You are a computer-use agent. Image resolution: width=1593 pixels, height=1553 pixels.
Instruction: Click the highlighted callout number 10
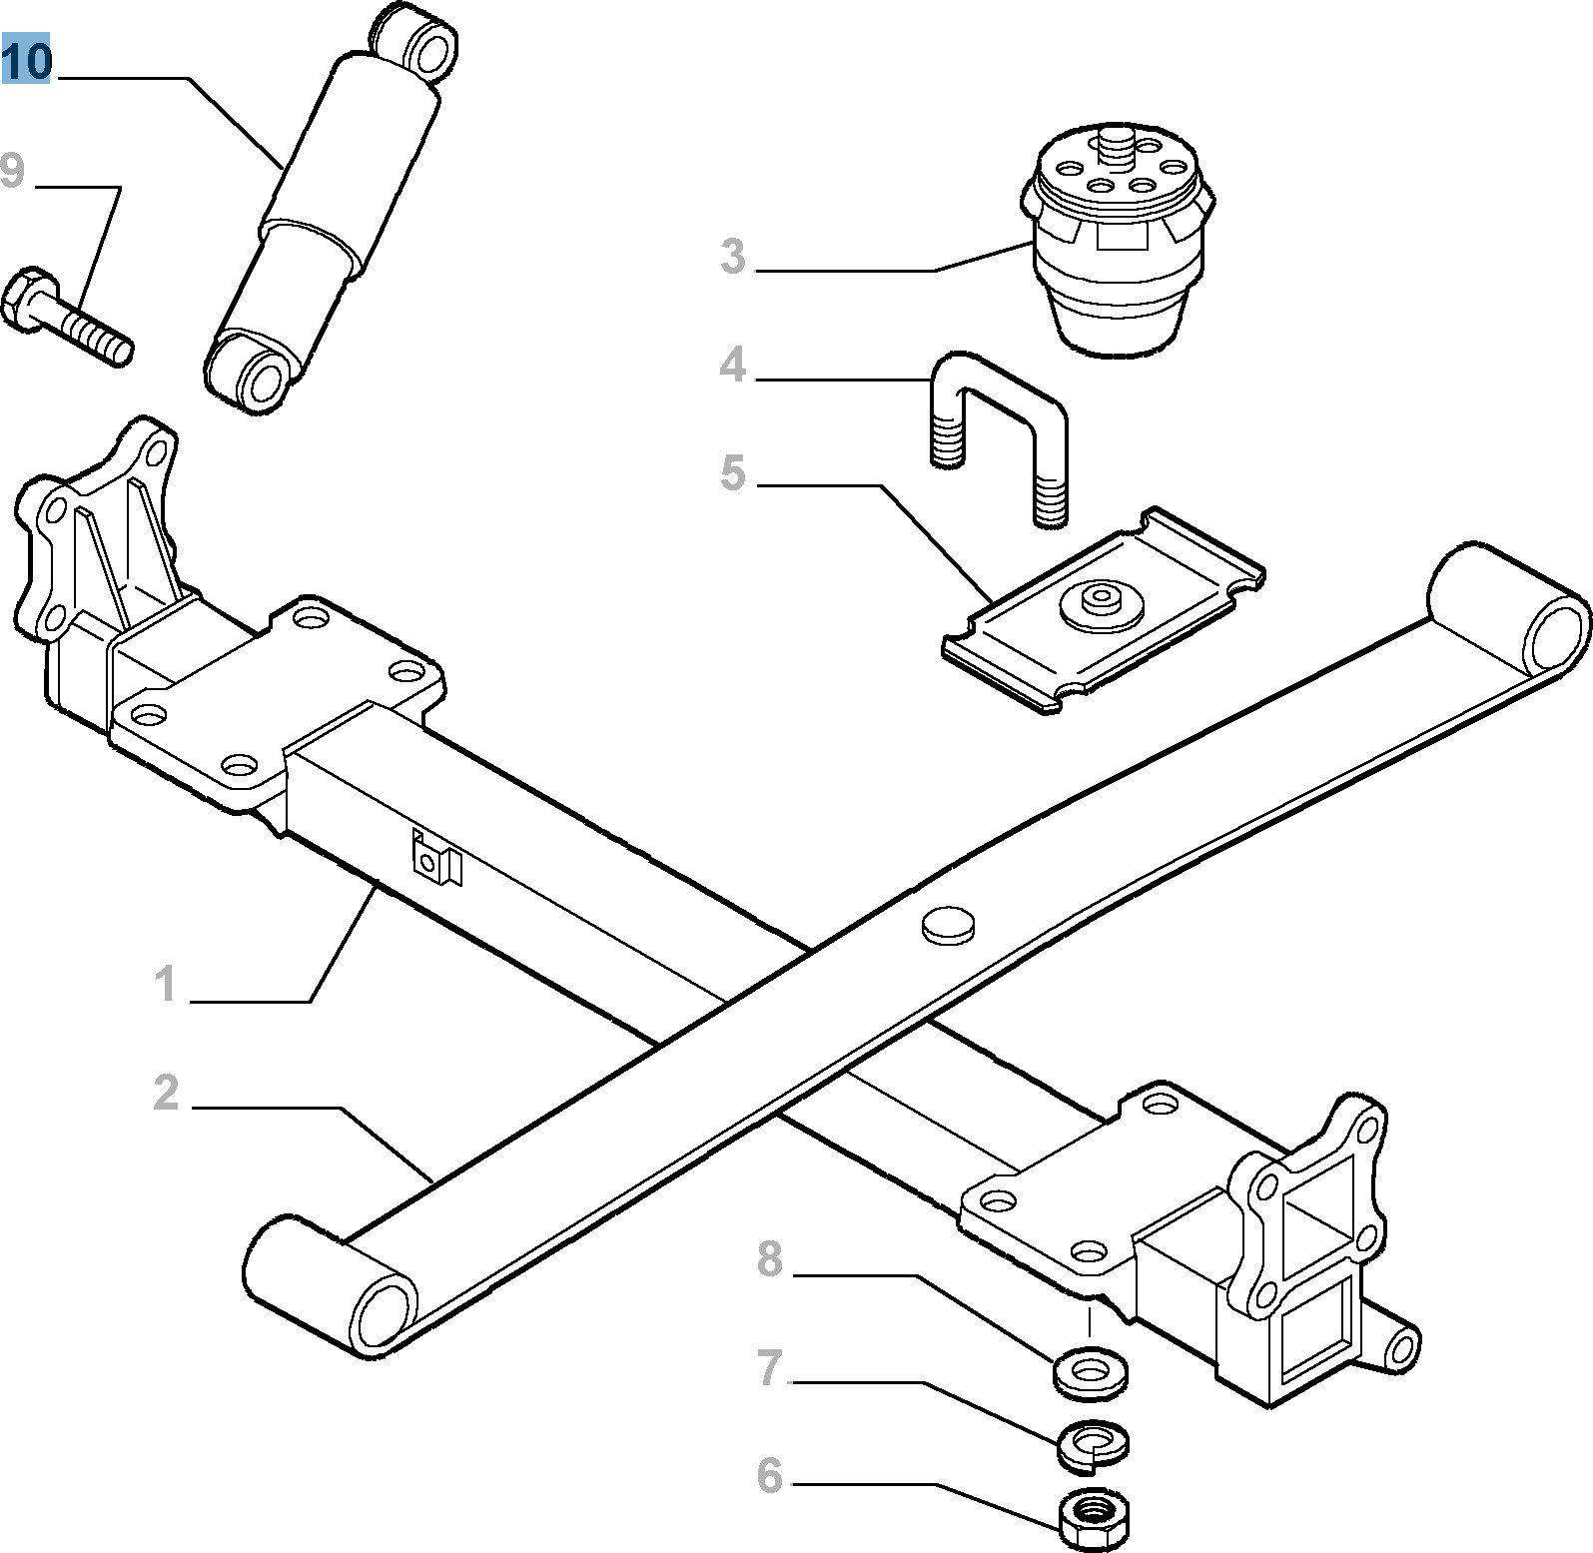point(26,62)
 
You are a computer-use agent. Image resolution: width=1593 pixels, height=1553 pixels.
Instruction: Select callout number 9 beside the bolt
point(12,171)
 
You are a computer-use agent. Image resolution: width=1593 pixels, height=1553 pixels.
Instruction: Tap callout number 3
point(733,257)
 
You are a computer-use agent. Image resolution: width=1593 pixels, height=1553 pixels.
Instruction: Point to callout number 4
point(733,365)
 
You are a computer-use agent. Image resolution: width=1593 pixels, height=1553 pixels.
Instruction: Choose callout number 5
point(733,472)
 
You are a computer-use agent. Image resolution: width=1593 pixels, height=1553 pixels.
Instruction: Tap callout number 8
point(769,1259)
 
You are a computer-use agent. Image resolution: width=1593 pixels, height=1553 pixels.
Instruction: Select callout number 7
point(769,1367)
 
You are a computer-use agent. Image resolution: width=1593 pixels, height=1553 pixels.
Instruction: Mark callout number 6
point(769,1475)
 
